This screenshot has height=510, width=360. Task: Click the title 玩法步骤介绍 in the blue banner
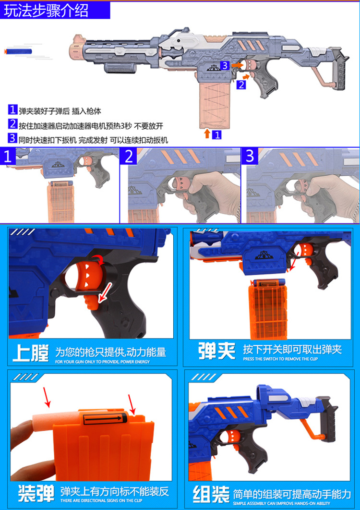click(46, 10)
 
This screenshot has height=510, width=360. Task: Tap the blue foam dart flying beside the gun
click(18, 51)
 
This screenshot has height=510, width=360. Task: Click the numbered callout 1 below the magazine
click(217, 134)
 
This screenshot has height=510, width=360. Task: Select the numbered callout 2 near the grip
click(241, 85)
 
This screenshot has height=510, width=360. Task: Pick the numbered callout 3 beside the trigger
click(225, 65)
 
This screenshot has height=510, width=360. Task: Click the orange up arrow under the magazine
click(207, 134)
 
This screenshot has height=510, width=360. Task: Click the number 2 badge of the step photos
click(129, 157)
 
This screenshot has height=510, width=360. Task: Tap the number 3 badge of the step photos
click(250, 156)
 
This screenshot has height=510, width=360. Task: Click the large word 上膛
click(31, 353)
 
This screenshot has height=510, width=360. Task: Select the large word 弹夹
click(217, 351)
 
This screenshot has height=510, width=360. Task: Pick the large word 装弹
click(36, 493)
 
